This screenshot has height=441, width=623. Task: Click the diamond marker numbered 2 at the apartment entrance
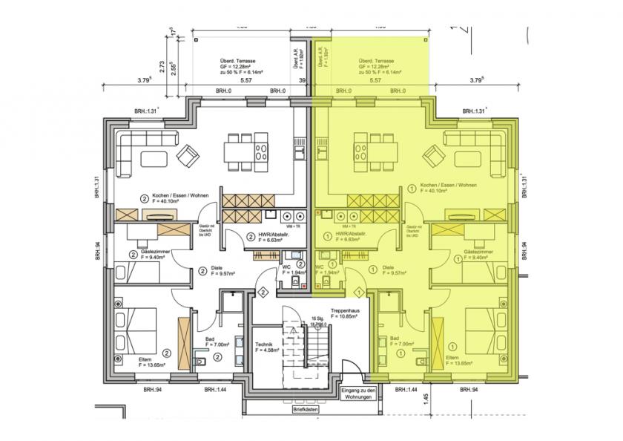click(x=263, y=293)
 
